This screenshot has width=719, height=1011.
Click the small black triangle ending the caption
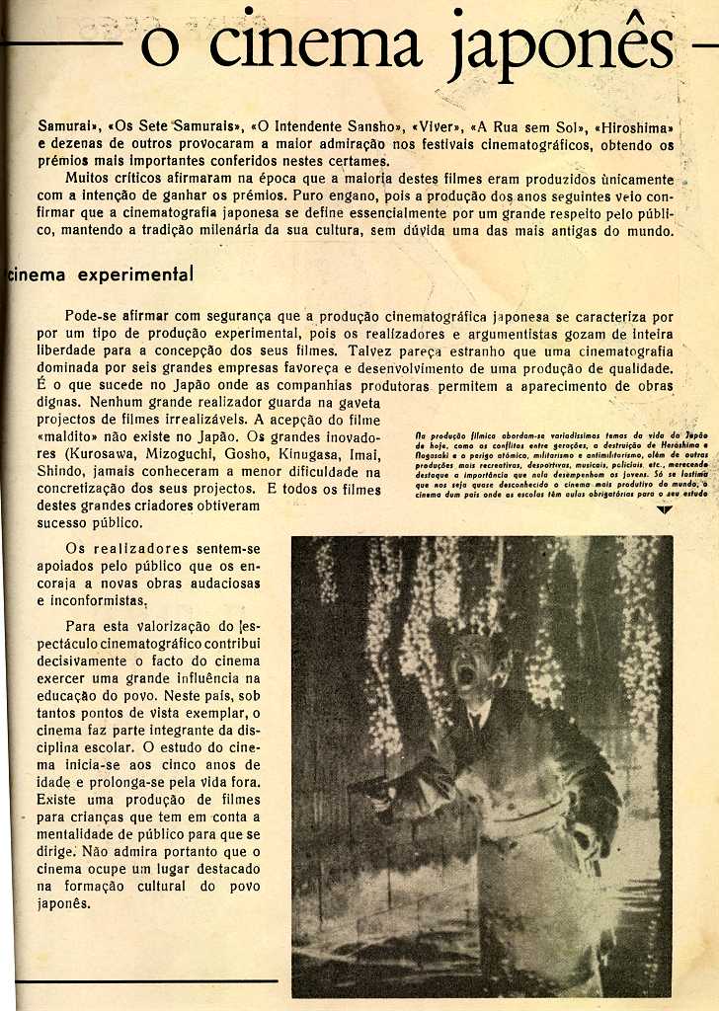664,510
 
